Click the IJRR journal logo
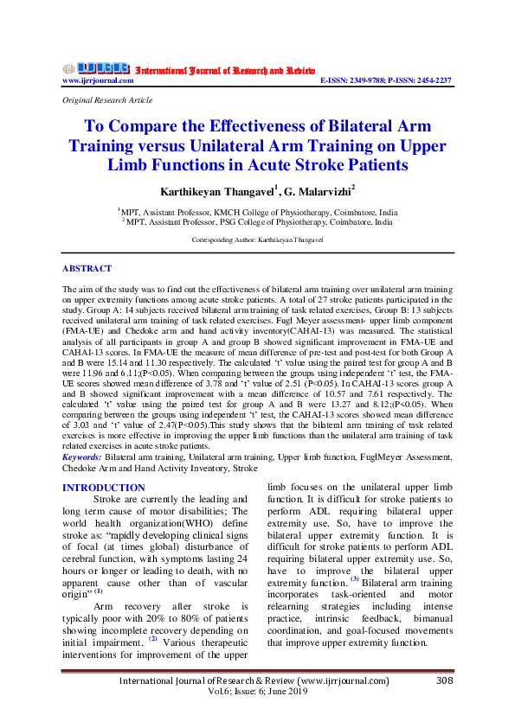click(x=97, y=67)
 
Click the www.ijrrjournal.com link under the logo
click(x=98, y=80)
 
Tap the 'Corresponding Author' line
click(x=257, y=238)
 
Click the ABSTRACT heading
click(x=87, y=269)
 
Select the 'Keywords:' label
click(x=81, y=455)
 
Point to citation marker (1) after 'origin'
click(x=98, y=591)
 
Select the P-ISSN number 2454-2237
click(x=430, y=80)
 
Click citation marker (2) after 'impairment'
click(x=153, y=639)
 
